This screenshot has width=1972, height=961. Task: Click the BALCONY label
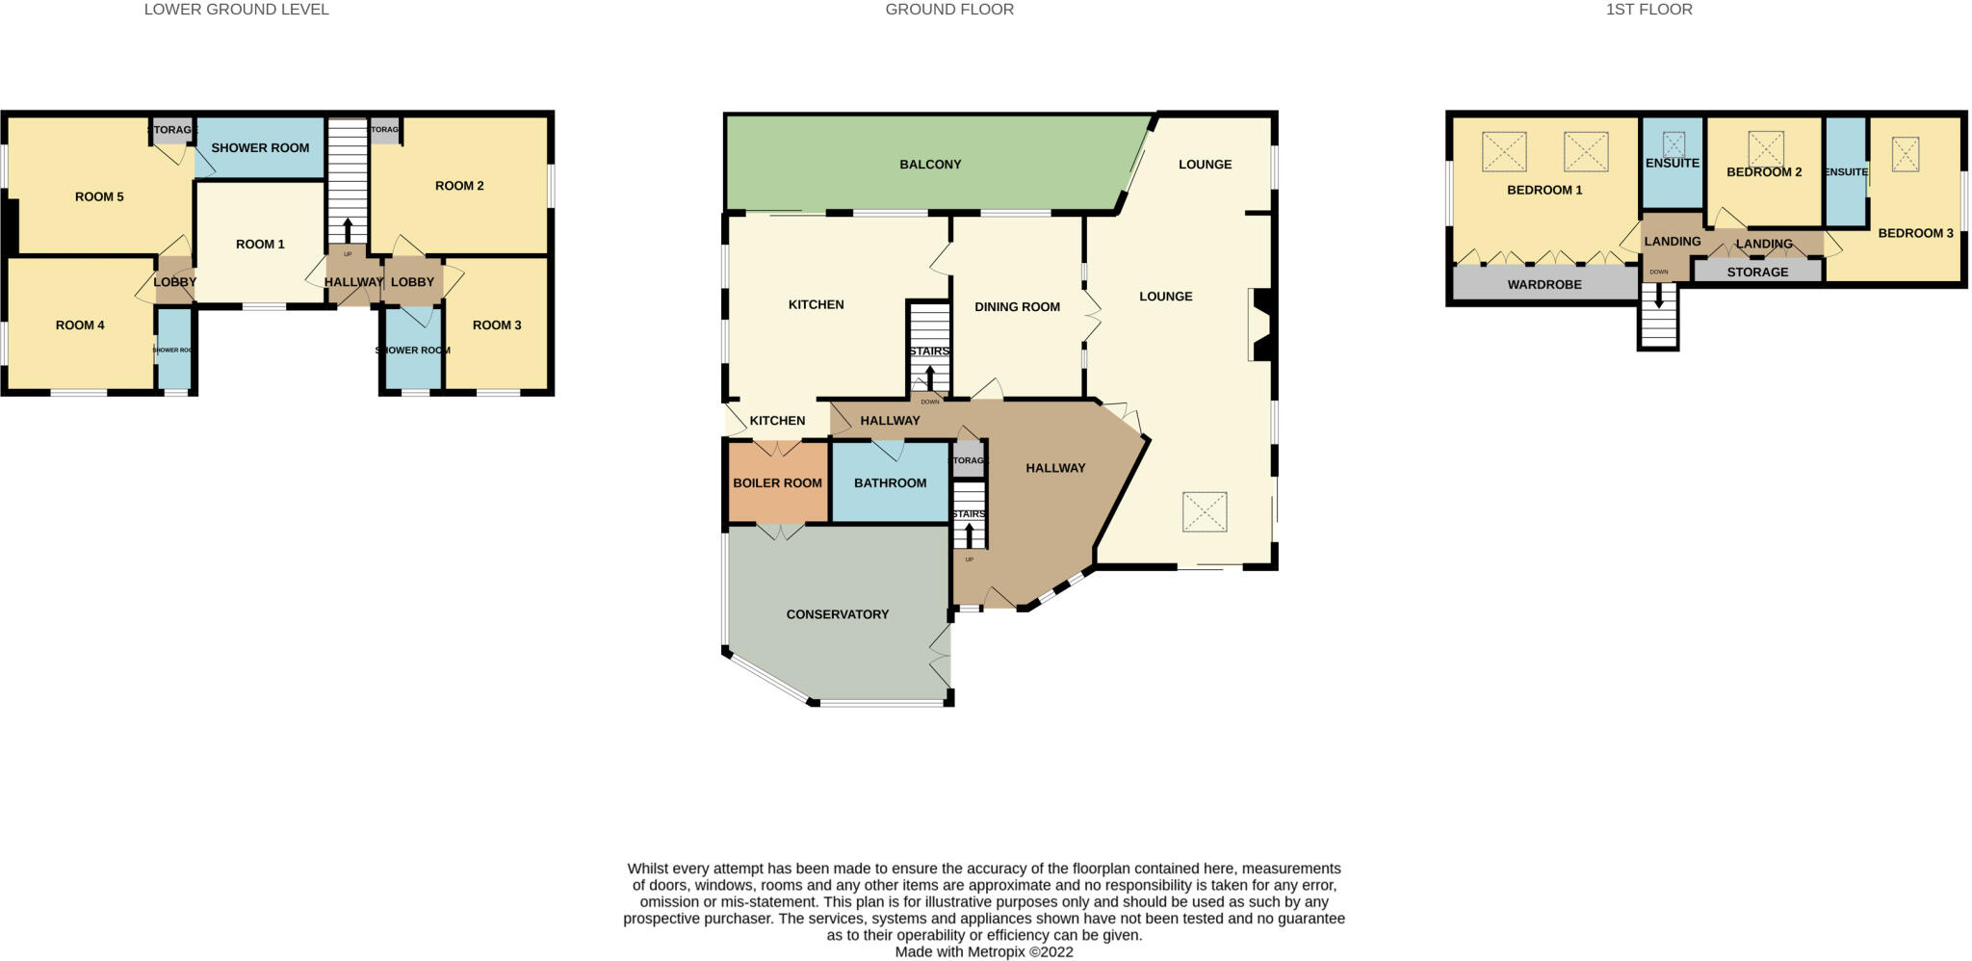pos(930,165)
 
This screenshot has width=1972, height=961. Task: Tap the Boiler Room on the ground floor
pos(777,482)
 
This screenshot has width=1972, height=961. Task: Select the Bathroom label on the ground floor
pos(890,482)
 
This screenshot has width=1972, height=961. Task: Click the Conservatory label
pos(837,614)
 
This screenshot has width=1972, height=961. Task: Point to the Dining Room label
pos(1017,307)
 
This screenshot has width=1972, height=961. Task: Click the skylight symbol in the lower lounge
pos(1205,511)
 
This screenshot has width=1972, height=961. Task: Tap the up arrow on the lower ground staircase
pos(348,231)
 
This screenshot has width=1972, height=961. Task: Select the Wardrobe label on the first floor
pos(1544,285)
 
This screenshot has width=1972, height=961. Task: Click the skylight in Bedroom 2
pos(1765,148)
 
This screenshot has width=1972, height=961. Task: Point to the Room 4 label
pos(80,325)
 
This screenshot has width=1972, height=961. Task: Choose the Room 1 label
pos(260,245)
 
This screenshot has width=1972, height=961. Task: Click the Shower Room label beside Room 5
pos(260,148)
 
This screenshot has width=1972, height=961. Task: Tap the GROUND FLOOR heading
pos(948,10)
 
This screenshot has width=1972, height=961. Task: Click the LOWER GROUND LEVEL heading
pos(236,10)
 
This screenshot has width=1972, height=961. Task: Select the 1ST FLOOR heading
pos(1648,10)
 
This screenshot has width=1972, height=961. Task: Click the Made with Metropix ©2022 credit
pos(983,952)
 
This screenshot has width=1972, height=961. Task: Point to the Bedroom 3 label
pos(1914,233)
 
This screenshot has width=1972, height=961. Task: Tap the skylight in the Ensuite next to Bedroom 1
pos(1674,144)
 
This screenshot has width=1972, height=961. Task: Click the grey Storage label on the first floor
pos(1757,273)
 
